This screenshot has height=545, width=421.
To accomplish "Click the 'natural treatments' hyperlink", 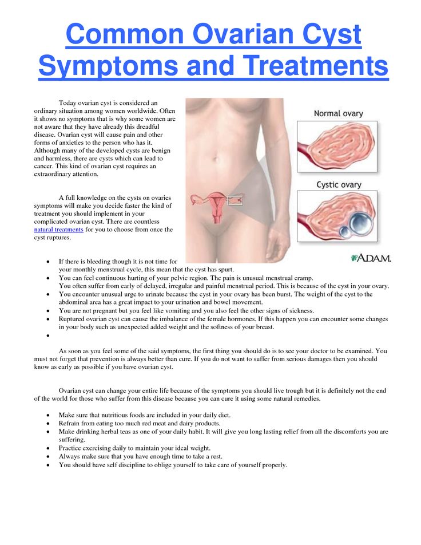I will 59,230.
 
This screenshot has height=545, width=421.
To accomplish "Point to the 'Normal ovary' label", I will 338,113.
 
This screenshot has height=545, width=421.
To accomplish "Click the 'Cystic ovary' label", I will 339,185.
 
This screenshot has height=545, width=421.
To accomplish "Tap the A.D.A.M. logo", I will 371,258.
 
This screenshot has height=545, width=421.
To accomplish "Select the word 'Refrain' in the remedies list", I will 70,422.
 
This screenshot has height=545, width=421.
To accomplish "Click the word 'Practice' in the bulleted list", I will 71,448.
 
